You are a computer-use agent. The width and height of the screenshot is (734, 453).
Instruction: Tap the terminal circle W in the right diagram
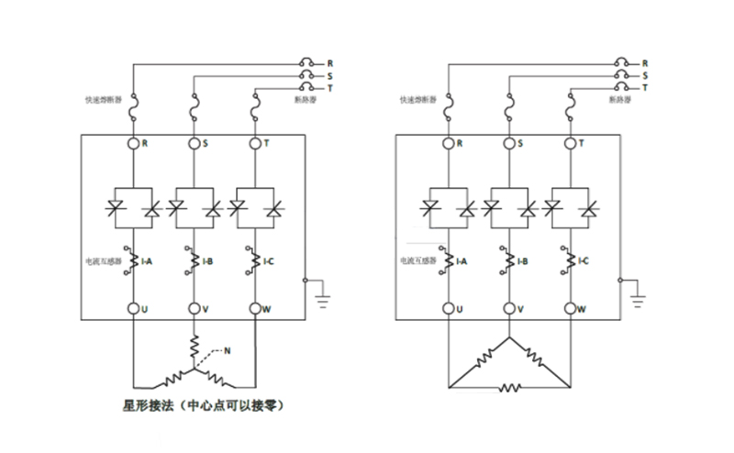click(x=570, y=309)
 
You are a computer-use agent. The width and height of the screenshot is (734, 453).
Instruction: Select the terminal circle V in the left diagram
click(x=194, y=309)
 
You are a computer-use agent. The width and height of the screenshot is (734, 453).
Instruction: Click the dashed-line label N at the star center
click(x=228, y=349)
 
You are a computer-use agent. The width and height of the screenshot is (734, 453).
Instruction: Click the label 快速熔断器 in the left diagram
click(x=101, y=98)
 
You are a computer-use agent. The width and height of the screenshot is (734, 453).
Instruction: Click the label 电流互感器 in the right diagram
click(x=417, y=261)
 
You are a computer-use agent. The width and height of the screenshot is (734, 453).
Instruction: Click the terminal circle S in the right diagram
click(x=508, y=143)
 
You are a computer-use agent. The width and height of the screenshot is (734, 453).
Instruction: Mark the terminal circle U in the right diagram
click(x=448, y=309)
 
